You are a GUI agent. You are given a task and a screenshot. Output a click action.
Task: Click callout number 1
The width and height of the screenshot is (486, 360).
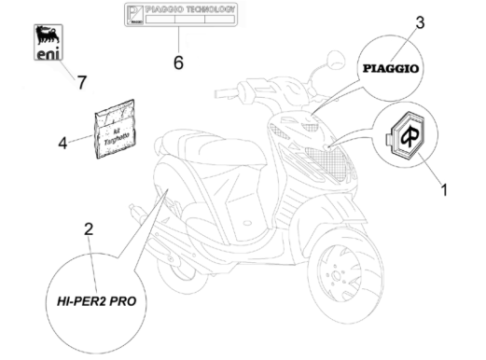(444, 190)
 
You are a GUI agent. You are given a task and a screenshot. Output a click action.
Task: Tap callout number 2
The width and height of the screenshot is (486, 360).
(90, 228)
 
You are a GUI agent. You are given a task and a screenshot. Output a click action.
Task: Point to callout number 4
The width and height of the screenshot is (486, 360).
(62, 144)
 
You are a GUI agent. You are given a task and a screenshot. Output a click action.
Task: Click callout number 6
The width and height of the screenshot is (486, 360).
(178, 64)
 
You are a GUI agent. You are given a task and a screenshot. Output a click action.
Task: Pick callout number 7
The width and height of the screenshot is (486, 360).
(81, 83)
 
